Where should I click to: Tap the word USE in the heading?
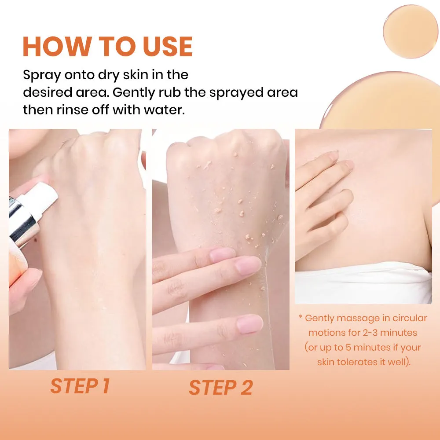tap(168, 47)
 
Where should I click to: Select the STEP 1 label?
tap(80, 386)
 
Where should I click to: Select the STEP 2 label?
tap(221, 388)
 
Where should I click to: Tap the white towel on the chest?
tap(363, 283)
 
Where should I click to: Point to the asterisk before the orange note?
tap(301, 317)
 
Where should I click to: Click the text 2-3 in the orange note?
tap(370, 333)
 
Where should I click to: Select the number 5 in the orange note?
tap(348, 348)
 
